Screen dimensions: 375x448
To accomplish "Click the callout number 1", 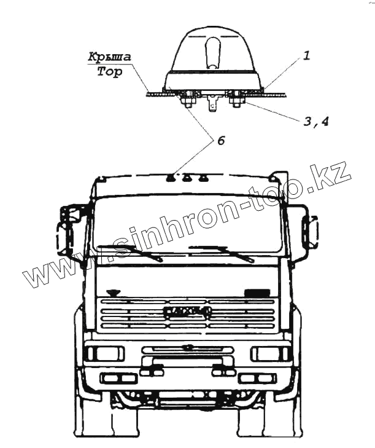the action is [x=306, y=55].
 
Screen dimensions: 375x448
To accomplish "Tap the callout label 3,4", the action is [x=316, y=121].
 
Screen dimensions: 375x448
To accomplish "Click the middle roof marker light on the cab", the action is [x=187, y=179].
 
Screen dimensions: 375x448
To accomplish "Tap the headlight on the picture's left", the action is [x=105, y=353].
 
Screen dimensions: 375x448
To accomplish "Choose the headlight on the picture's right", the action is [x=270, y=353].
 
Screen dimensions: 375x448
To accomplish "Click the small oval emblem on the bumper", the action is [x=188, y=347].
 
